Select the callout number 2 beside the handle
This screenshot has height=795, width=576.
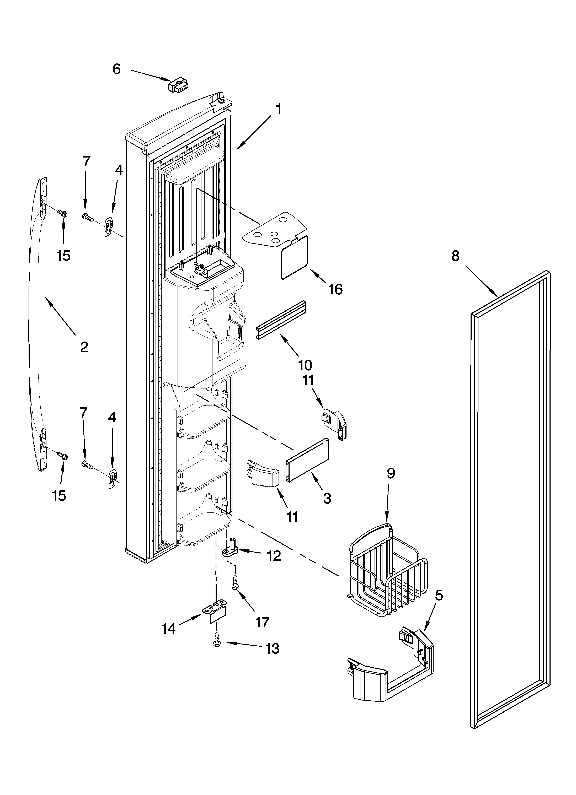[x=84, y=347]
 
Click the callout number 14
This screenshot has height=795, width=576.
[x=169, y=629]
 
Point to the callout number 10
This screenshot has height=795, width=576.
[x=305, y=365]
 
